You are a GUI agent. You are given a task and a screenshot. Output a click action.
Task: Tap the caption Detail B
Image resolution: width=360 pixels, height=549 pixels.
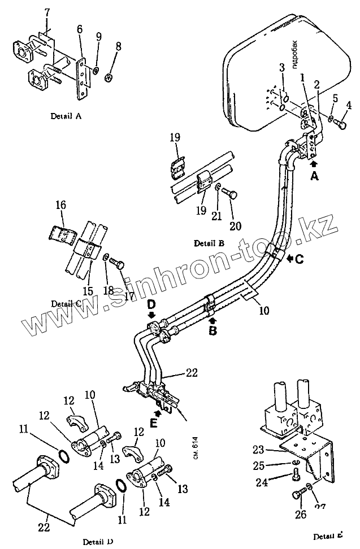click(209, 243)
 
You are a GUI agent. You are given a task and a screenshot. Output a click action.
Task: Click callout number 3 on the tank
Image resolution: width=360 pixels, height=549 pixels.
click(282, 68)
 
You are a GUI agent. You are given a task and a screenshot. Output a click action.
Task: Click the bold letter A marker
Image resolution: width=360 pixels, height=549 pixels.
click(315, 176)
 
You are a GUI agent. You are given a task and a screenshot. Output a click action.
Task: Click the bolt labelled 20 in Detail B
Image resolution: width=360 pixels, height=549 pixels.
click(229, 194)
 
